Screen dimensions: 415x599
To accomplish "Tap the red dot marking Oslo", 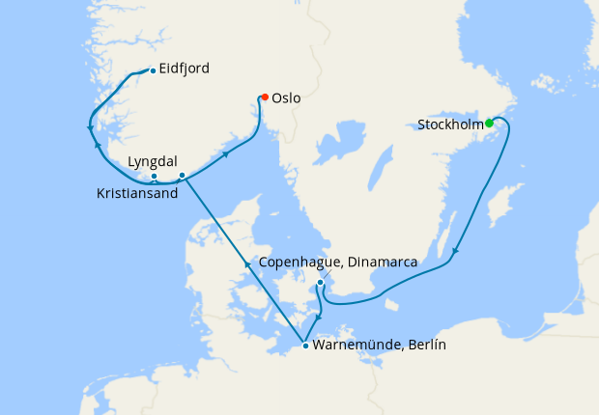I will [x=264, y=97].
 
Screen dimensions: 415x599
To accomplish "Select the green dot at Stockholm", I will [x=490, y=123].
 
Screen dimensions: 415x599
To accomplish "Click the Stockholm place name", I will [x=450, y=124].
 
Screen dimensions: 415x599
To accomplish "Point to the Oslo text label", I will [x=286, y=98].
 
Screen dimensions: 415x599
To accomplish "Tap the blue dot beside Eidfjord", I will [x=153, y=70].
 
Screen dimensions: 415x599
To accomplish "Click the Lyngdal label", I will [x=152, y=163].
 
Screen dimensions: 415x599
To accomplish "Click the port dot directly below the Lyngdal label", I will [x=154, y=177].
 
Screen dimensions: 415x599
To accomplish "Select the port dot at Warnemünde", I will [x=305, y=346].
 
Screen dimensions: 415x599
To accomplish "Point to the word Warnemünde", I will [x=357, y=346].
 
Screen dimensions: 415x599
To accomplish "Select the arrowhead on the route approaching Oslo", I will [x=227, y=152].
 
